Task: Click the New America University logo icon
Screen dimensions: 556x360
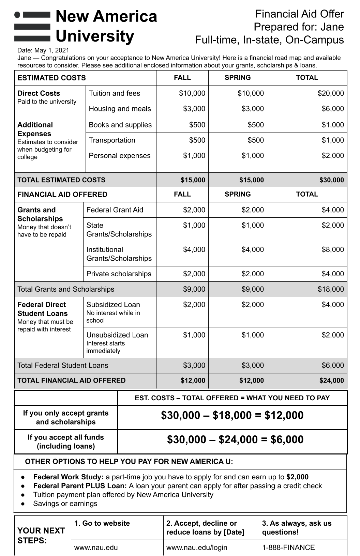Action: (x=32, y=26)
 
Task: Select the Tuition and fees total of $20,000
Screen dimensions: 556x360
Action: (x=330, y=93)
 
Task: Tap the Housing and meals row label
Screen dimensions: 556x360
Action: (x=120, y=109)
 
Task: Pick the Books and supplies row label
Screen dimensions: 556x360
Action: (x=120, y=125)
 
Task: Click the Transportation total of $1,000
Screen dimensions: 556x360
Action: (x=332, y=140)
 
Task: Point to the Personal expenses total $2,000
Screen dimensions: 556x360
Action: (x=332, y=156)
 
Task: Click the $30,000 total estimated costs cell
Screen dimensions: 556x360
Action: (x=331, y=180)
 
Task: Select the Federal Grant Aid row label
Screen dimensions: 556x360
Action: (x=115, y=210)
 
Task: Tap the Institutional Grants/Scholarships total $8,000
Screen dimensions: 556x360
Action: (x=332, y=250)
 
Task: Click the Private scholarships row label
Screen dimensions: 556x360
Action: (x=119, y=274)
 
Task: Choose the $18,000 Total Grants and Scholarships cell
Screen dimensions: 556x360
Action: (x=330, y=289)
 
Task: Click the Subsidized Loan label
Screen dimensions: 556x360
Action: (x=113, y=305)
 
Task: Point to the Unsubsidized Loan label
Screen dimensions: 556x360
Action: (x=117, y=335)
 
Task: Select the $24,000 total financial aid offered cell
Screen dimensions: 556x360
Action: (x=331, y=381)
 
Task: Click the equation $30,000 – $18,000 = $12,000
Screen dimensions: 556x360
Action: (x=232, y=415)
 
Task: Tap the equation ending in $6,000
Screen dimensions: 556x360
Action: (x=235, y=439)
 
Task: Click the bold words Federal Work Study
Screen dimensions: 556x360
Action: (x=68, y=477)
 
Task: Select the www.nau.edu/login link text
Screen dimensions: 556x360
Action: (x=197, y=547)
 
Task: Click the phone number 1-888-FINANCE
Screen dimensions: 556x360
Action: (x=288, y=547)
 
